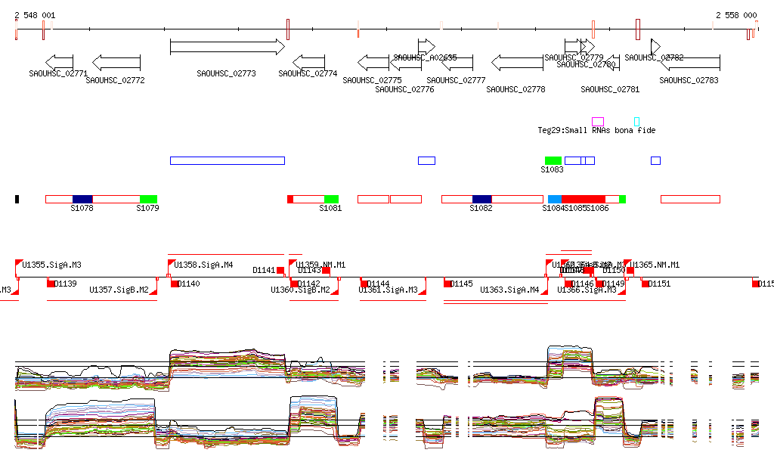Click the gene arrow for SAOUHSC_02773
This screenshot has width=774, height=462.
tap(227, 47)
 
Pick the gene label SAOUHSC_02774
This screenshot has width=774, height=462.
tap(308, 74)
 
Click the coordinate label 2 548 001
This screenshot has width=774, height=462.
tap(35, 15)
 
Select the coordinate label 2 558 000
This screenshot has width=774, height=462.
tap(736, 15)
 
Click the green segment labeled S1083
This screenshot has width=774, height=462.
tap(553, 160)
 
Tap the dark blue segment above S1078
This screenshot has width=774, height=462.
tap(82, 199)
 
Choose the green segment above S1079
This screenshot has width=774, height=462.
tap(149, 199)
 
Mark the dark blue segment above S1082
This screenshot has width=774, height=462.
tap(481, 199)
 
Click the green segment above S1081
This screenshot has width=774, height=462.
tap(331, 199)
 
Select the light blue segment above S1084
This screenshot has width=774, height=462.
tap(555, 199)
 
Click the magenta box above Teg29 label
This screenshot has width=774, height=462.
tap(598, 121)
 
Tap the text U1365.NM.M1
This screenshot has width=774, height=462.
tap(656, 265)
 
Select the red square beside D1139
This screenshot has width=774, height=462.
tap(51, 284)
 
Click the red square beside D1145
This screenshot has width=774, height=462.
tap(447, 284)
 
